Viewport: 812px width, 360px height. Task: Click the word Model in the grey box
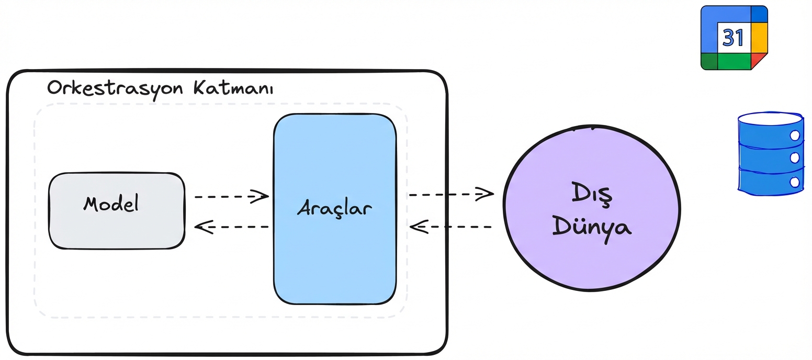pyautogui.click(x=111, y=204)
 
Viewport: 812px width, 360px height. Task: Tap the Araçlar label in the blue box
pyautogui.click(x=335, y=208)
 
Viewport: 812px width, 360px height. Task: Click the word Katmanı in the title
pyautogui.click(x=234, y=87)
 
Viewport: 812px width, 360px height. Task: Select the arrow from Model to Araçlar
pyautogui.click(x=231, y=197)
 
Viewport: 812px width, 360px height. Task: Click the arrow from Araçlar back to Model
pyautogui.click(x=231, y=227)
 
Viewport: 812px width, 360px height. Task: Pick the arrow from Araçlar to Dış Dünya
pyautogui.click(x=450, y=195)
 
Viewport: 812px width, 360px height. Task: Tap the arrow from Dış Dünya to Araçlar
pyautogui.click(x=450, y=227)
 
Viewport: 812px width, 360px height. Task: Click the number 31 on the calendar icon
pyautogui.click(x=733, y=38)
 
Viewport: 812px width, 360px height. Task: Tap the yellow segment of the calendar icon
pyautogui.click(x=759, y=38)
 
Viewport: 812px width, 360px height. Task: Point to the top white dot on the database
pyautogui.click(x=795, y=136)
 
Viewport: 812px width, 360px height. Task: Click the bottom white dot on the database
pyautogui.click(x=795, y=182)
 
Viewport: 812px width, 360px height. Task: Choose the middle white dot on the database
pyautogui.click(x=795, y=158)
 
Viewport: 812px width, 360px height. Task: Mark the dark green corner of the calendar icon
pyautogui.click(x=709, y=61)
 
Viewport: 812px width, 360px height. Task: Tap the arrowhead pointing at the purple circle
pyautogui.click(x=487, y=195)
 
